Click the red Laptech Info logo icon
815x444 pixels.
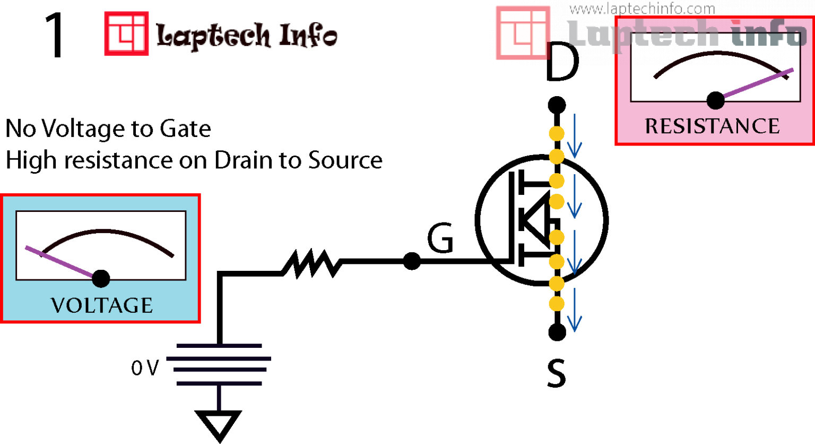[x=126, y=33]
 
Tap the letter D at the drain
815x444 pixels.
[x=561, y=64]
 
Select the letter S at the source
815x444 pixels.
[x=556, y=373]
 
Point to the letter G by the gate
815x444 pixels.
[x=440, y=238]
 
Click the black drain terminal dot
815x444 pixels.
[x=557, y=105]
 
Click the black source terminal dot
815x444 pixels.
[x=557, y=332]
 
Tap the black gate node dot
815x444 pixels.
[x=412, y=261]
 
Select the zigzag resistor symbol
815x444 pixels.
[x=312, y=263]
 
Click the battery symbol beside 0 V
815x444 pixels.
[x=219, y=364]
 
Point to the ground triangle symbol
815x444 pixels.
[x=219, y=423]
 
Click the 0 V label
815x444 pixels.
[x=144, y=368]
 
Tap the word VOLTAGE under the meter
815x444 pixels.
[x=102, y=305]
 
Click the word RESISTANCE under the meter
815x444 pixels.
[x=712, y=126]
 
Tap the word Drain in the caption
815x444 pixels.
[x=245, y=160]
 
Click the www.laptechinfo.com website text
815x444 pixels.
[x=641, y=8]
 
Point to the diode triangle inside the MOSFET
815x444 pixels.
[x=536, y=219]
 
